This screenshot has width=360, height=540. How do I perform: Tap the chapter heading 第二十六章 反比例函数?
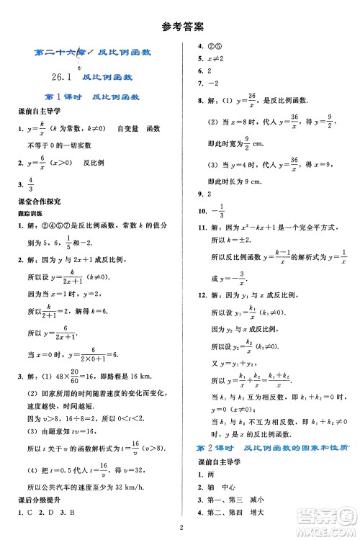91,53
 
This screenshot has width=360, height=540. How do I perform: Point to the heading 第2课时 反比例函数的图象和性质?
277,448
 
